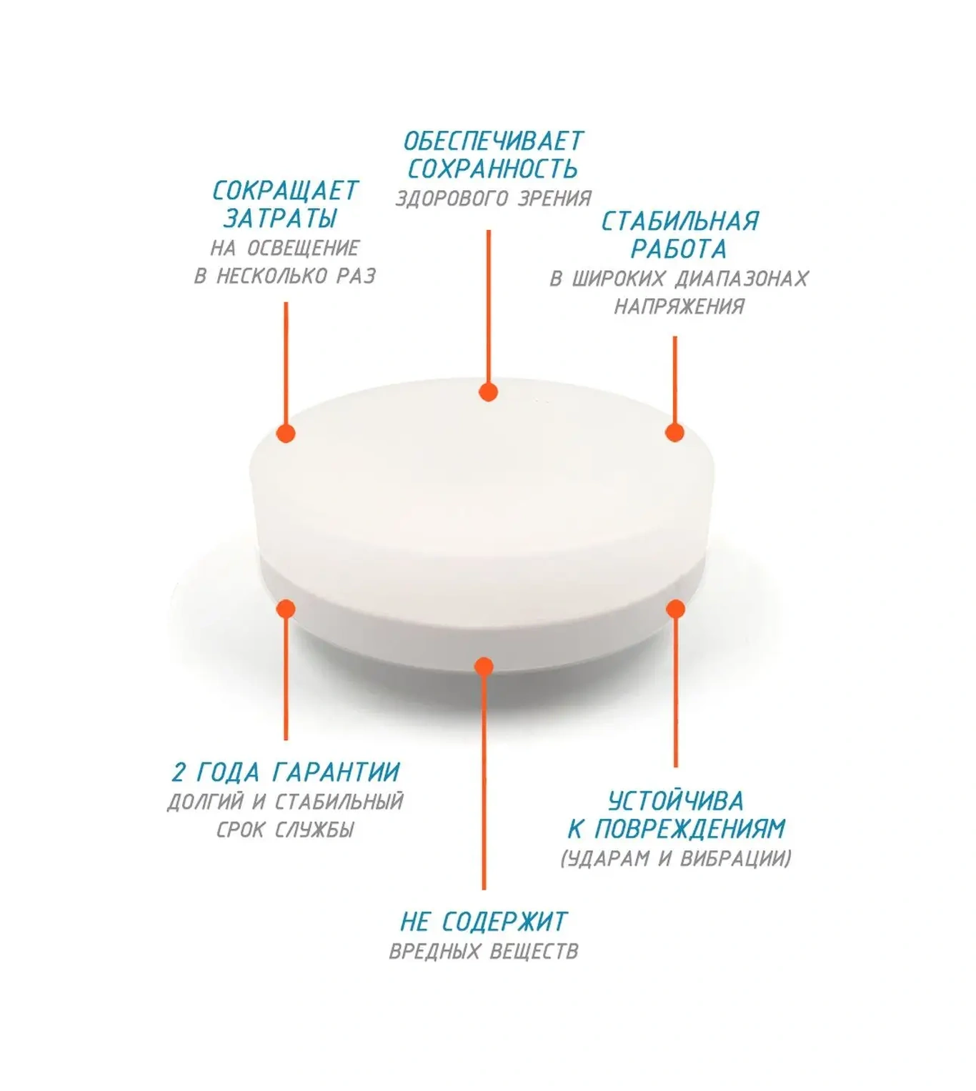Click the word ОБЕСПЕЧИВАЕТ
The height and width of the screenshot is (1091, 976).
(493, 141)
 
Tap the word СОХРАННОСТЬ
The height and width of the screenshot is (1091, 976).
(492, 169)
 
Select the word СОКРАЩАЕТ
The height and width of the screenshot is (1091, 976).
(285, 191)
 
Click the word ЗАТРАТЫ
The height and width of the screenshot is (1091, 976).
(280, 219)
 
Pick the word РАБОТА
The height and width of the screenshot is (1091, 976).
(679, 249)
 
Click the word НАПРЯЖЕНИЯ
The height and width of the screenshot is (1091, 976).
(679, 307)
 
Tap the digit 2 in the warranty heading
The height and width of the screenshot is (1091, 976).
(179, 773)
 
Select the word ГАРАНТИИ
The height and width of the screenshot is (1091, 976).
(335, 773)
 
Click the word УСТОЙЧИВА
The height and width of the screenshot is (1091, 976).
(676, 801)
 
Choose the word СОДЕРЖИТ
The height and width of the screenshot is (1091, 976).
(504, 922)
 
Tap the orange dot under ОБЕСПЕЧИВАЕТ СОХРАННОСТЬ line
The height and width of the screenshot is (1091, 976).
(488, 392)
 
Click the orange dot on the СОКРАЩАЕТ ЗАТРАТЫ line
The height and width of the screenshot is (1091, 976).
(286, 433)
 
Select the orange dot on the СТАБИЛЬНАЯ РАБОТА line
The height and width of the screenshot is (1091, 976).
(675, 432)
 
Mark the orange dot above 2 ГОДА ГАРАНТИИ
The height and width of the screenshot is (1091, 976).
(286, 609)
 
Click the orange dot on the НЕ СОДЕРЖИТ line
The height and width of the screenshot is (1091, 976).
(484, 667)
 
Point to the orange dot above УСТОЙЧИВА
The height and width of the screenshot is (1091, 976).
(675, 609)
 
